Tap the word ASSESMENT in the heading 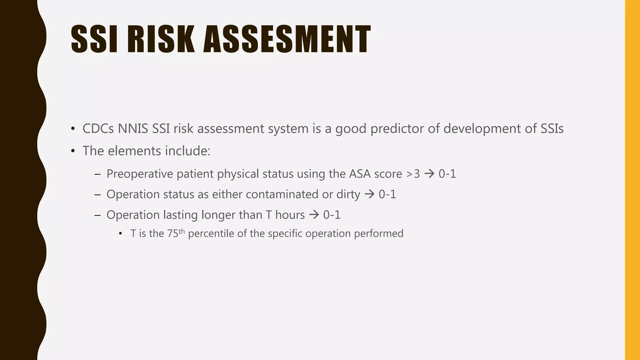287,39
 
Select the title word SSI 94,39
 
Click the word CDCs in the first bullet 98,129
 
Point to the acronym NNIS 133,129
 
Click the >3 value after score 413,174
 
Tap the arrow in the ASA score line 429,174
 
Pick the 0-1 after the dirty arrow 387,194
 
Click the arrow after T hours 314,215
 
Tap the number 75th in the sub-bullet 176,233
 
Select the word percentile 211,234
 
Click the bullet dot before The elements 73,151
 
